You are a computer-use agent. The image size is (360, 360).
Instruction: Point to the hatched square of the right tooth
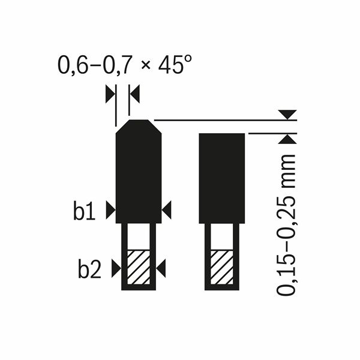[x=222, y=266]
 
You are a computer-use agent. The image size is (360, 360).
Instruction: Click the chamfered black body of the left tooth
[x=139, y=174]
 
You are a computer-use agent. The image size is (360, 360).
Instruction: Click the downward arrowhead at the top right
[x=289, y=114]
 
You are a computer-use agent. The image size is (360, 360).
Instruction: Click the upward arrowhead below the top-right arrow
[x=289, y=139]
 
